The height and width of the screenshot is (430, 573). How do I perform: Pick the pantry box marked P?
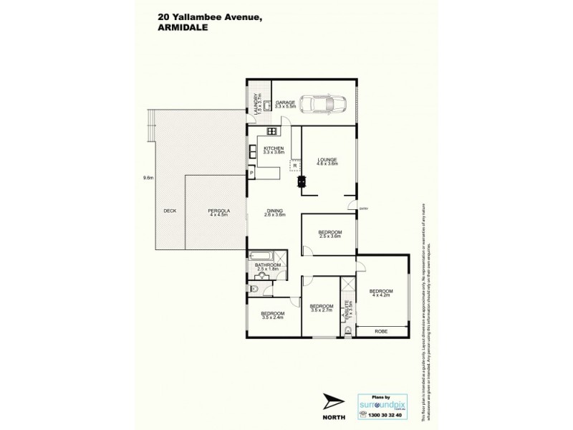pyautogui.click(x=251, y=172)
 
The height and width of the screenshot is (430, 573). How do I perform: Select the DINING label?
pyautogui.click(x=274, y=213)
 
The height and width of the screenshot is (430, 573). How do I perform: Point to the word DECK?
pyautogui.click(x=170, y=211)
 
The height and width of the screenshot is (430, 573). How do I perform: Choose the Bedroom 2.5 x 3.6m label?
pyautogui.click(x=329, y=234)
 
